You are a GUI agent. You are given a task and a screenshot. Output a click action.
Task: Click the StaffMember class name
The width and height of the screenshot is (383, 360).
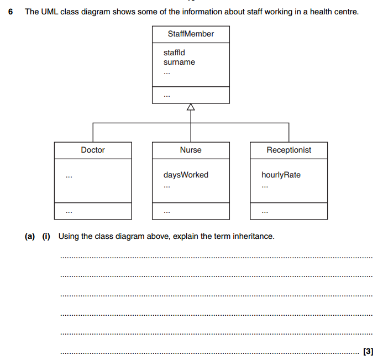pos(191,34)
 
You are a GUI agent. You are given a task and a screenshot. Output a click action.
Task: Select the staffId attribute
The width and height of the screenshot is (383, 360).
pos(174,53)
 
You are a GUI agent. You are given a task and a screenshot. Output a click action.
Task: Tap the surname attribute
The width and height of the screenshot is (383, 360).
pos(179,62)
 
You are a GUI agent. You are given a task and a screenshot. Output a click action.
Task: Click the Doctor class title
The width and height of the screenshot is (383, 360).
pos(93,150)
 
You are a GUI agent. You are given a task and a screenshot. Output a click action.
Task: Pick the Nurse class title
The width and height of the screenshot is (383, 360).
pos(191,150)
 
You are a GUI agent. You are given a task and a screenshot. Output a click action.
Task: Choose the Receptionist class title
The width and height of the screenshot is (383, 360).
pos(288,150)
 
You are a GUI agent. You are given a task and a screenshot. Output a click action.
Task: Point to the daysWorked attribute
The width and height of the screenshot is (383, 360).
pos(186,175)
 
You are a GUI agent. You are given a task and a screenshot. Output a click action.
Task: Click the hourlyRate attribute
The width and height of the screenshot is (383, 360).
pos(281,175)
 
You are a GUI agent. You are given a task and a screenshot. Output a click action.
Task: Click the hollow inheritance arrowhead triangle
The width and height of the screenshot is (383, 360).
pos(191,107)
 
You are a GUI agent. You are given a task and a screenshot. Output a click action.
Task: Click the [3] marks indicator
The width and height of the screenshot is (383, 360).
pos(368,351)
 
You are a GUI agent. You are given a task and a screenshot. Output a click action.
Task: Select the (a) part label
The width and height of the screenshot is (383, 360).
pos(30,236)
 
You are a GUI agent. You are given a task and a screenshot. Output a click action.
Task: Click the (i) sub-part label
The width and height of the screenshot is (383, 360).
pos(46,236)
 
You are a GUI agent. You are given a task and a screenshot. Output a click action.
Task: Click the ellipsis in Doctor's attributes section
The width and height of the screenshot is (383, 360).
pos(69,176)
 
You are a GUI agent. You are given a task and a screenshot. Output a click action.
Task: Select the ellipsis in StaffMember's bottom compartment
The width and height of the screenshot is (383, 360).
pos(166,96)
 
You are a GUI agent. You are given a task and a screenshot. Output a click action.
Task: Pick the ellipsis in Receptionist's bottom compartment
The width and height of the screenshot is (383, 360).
pos(265,212)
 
